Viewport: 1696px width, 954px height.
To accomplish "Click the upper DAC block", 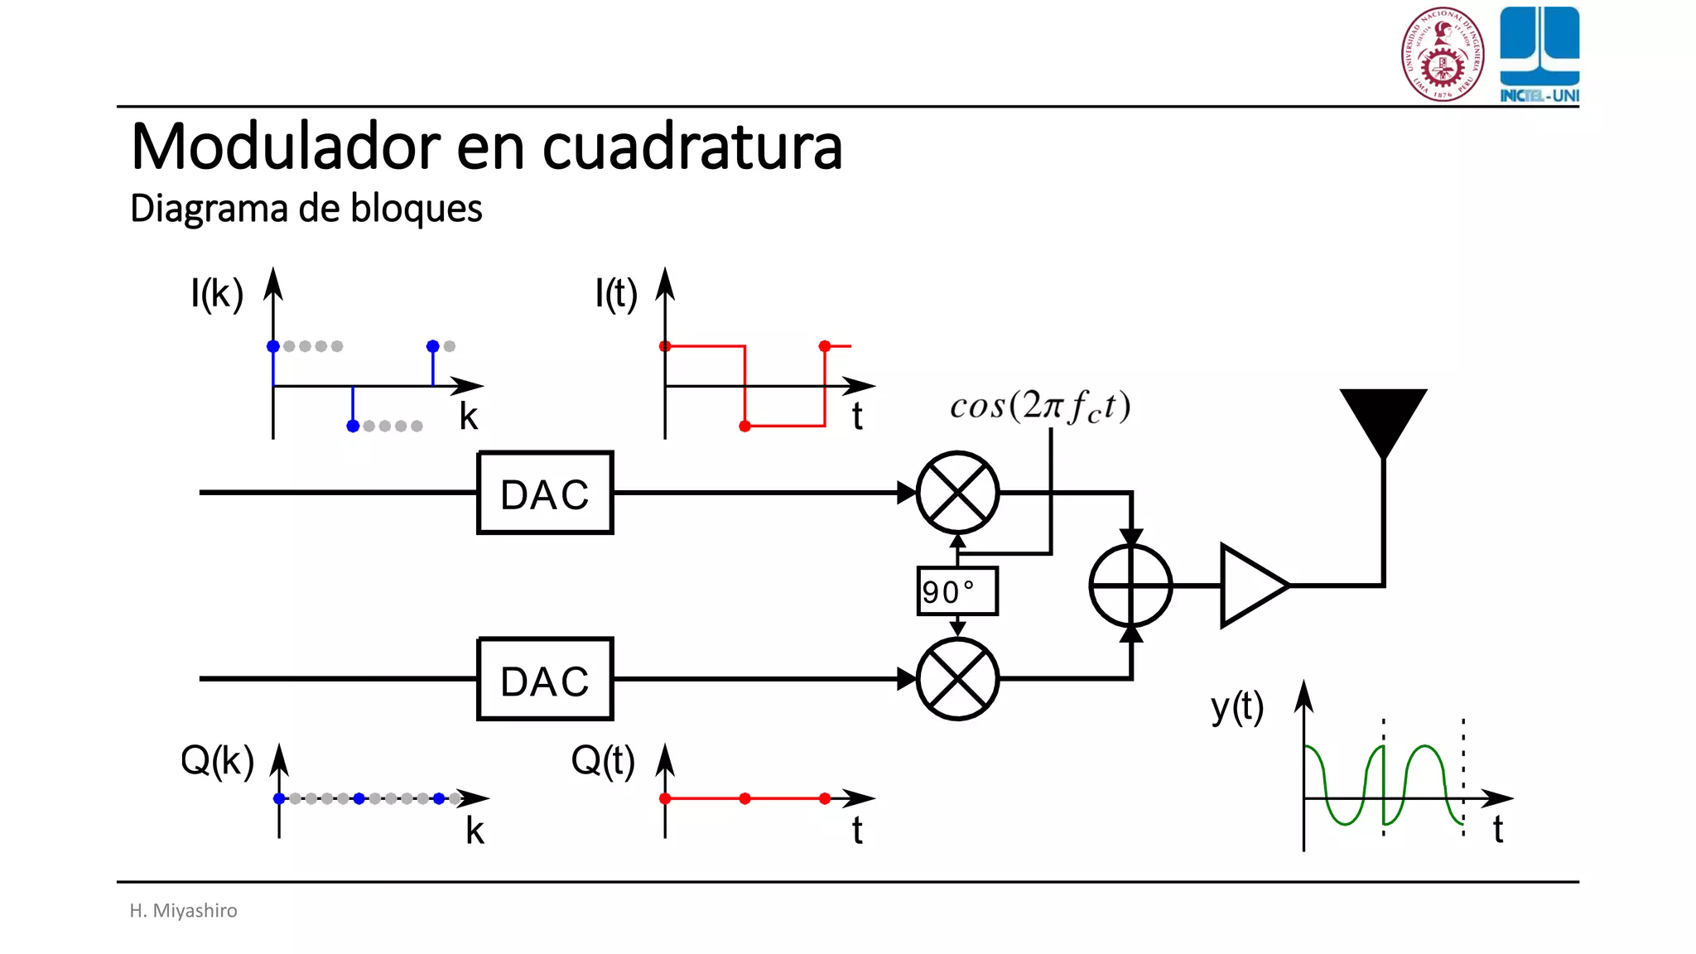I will pyautogui.click(x=545, y=493).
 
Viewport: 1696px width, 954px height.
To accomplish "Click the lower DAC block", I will pyautogui.click(x=545, y=679).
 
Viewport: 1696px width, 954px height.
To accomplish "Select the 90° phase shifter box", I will pyautogui.click(x=957, y=591).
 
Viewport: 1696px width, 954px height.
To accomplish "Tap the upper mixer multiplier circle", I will pyautogui.click(x=957, y=493).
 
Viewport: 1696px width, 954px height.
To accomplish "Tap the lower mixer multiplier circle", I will pyautogui.click(x=957, y=679).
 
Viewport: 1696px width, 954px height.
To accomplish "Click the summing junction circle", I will pyautogui.click(x=1130, y=585).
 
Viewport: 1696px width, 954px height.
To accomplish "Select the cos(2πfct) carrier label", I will pyautogui.click(x=1040, y=407).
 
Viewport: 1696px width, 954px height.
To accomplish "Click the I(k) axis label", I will pyautogui.click(x=217, y=293).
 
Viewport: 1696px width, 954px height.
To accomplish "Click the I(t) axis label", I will pyautogui.click(x=616, y=293).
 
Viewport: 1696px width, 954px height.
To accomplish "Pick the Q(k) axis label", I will pyautogui.click(x=217, y=760).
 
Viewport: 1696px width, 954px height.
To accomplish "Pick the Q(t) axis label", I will pyautogui.click(x=603, y=760).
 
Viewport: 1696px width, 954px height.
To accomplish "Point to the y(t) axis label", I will pyautogui.click(x=1237, y=708).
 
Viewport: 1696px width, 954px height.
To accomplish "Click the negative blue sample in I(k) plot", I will pyautogui.click(x=353, y=426).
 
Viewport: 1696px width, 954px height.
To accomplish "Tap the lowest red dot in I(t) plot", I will pyautogui.click(x=744, y=426).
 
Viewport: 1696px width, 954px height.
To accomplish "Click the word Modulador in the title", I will pyautogui.click(x=287, y=147).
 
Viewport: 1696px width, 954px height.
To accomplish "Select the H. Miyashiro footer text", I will pyautogui.click(x=183, y=910).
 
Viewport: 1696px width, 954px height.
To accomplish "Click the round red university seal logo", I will pyautogui.click(x=1443, y=55).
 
